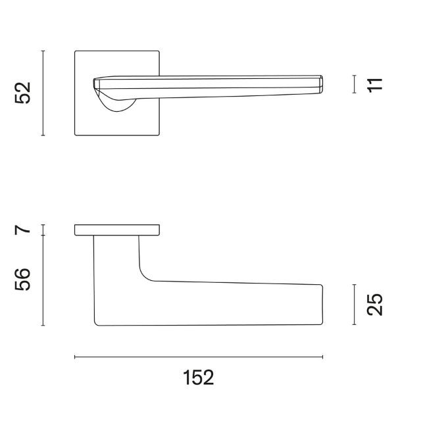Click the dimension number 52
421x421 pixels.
[23, 93]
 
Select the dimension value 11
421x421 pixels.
[375, 85]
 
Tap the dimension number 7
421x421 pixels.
[23, 230]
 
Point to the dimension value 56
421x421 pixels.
[23, 279]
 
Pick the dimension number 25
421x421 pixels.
[375, 305]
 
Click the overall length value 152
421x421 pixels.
[199, 378]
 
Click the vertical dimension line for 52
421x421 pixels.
[43, 93]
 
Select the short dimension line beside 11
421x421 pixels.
[355, 84]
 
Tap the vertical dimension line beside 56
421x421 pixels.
[43, 281]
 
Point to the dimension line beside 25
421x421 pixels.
[355, 305]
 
